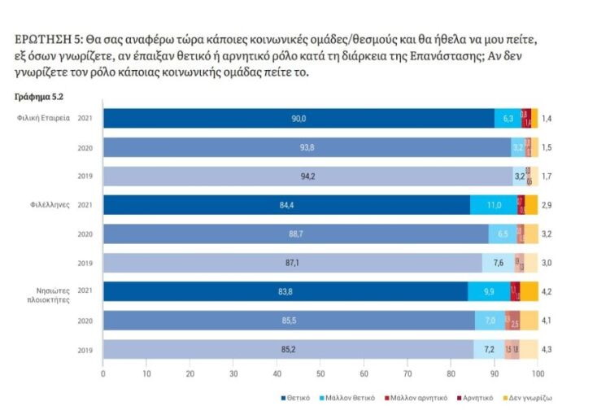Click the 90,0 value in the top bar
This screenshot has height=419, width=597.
(x=299, y=119)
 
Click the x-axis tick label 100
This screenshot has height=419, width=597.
(x=538, y=373)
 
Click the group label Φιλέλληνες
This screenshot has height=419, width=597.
(x=50, y=205)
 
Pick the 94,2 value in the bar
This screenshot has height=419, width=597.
(x=307, y=176)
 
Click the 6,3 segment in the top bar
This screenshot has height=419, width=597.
(x=508, y=119)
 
